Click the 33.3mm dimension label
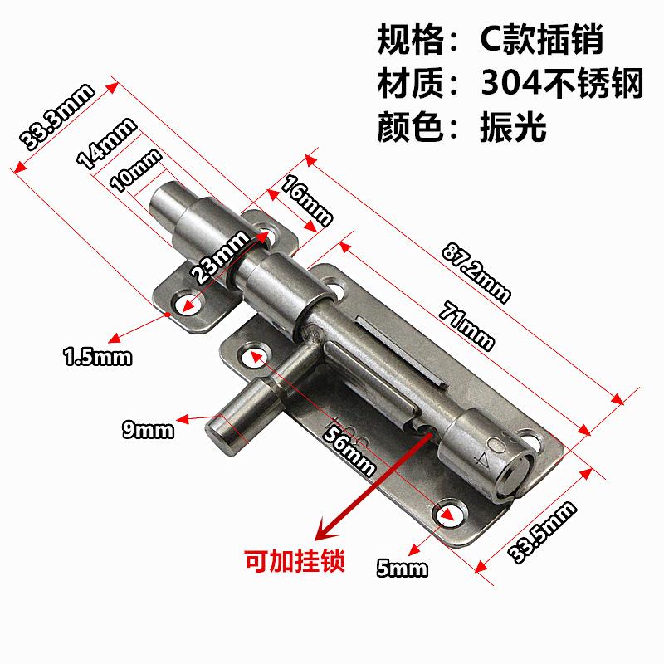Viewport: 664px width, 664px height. (x=57, y=117)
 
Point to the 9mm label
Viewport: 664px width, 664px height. (x=147, y=429)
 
